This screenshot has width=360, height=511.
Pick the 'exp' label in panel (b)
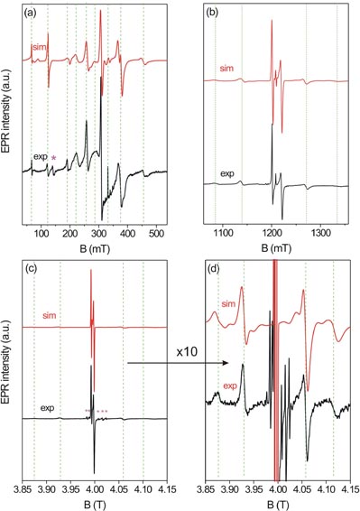click(x=224, y=169)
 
